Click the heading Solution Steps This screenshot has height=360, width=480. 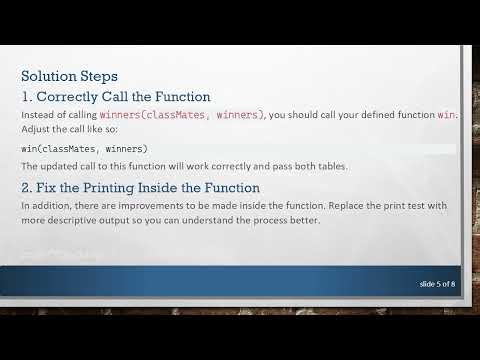tap(69, 76)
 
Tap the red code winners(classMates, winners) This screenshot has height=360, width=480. tap(182, 115)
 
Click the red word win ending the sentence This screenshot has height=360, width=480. tap(446, 115)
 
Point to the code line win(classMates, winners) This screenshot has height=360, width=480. tap(84, 149)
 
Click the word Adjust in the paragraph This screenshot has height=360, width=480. tap(35, 130)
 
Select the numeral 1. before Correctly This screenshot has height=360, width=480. tap(27, 97)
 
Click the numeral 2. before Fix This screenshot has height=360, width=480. tap(27, 187)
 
